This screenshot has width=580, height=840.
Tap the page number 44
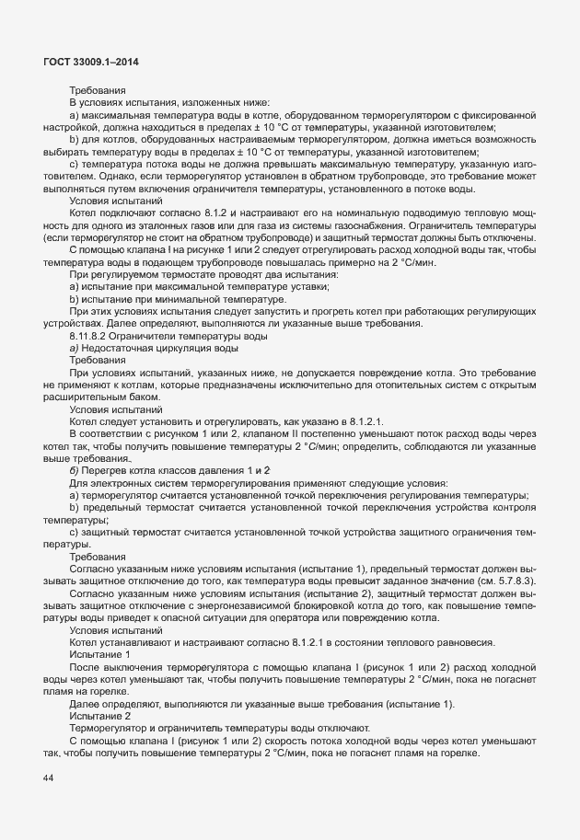pos(48,779)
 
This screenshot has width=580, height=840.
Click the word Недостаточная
pos(120,350)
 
